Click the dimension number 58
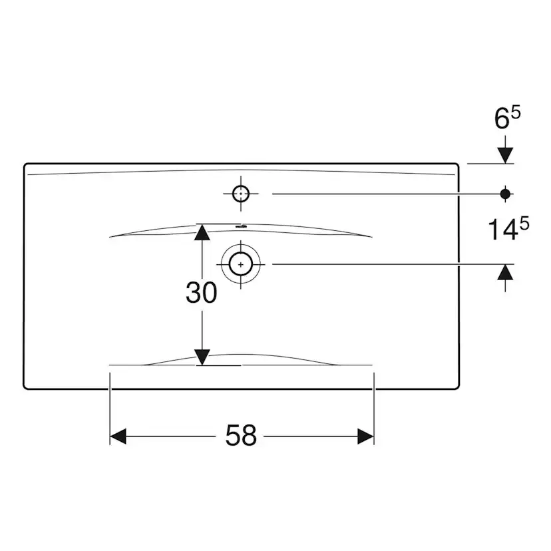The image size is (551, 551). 241,435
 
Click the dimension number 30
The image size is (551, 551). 202,292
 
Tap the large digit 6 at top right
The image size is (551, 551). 502,118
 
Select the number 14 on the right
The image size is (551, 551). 503,229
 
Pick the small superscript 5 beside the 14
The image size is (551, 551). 524,224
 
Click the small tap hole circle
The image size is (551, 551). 241,194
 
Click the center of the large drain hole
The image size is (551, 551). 241,264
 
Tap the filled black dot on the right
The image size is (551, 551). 505,194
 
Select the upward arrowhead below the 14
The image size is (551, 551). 505,272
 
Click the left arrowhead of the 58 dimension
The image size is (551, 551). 118,437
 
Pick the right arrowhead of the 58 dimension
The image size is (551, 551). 365,437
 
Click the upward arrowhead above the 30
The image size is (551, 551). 202,232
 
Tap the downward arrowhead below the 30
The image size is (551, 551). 202,357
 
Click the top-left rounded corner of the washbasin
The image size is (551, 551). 25,165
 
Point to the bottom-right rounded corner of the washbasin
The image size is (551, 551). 457,387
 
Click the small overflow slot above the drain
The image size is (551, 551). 242,227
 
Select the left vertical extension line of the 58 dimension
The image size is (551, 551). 110,409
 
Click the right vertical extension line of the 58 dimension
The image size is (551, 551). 374,409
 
